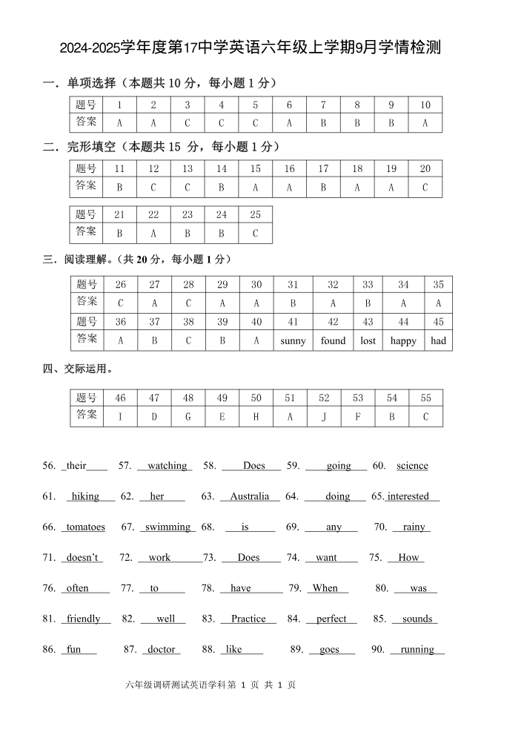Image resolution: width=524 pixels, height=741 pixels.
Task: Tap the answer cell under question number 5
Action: click(255, 124)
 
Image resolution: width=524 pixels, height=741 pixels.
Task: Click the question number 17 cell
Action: click(323, 168)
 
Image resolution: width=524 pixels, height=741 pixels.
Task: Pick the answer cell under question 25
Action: click(255, 234)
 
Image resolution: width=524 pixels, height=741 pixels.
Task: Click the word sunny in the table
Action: click(293, 341)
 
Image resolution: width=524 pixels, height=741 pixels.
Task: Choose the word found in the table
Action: click(333, 341)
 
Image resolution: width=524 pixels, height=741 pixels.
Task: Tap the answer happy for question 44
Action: click(403, 341)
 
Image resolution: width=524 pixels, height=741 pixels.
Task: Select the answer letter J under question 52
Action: click(324, 417)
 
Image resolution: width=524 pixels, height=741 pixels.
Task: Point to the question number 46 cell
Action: click(120, 398)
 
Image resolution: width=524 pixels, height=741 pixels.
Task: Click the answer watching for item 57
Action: click(167, 466)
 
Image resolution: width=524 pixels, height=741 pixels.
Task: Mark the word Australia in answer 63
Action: click(249, 496)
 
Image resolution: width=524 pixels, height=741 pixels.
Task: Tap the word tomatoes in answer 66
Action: click(85, 527)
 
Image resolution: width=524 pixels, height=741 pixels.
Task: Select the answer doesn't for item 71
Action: click(82, 558)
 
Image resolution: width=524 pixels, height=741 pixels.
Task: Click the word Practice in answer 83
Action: click(248, 619)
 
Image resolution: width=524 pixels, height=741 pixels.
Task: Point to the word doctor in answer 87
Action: click(161, 649)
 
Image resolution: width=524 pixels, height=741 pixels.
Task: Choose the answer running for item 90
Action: click(417, 649)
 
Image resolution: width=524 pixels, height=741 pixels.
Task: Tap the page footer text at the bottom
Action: click(211, 685)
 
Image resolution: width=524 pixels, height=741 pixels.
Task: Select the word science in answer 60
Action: click(412, 466)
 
